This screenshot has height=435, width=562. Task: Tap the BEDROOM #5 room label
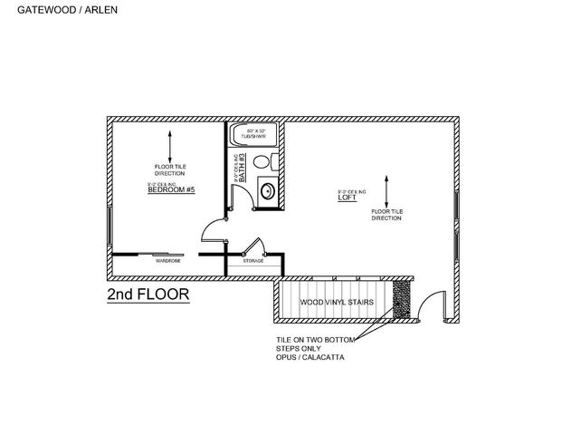coord(171,189)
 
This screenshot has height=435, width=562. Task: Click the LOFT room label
coord(347,197)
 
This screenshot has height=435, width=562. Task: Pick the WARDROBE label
coord(168,261)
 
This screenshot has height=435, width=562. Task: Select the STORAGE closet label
coord(252,261)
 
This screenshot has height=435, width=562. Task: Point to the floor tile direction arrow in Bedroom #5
coord(169,146)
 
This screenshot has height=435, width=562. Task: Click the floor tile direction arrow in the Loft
coord(386,191)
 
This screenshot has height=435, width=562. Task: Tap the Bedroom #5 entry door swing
coord(213,231)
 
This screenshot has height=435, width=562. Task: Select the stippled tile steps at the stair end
coord(402,300)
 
